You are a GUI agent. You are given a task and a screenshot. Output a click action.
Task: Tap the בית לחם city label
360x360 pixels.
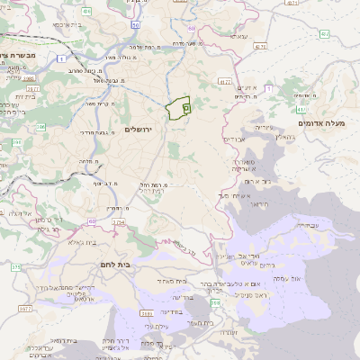(112, 265)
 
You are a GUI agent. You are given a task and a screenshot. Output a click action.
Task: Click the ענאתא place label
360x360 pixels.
(238, 36)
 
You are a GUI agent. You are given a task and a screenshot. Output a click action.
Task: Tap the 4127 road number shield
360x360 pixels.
(224, 82)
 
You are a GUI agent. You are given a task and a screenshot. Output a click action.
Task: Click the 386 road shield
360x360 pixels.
(26, 90)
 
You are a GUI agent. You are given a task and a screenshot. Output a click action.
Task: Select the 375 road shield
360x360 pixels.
(15, 267)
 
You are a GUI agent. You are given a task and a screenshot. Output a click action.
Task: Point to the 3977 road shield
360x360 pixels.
(24, 309)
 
